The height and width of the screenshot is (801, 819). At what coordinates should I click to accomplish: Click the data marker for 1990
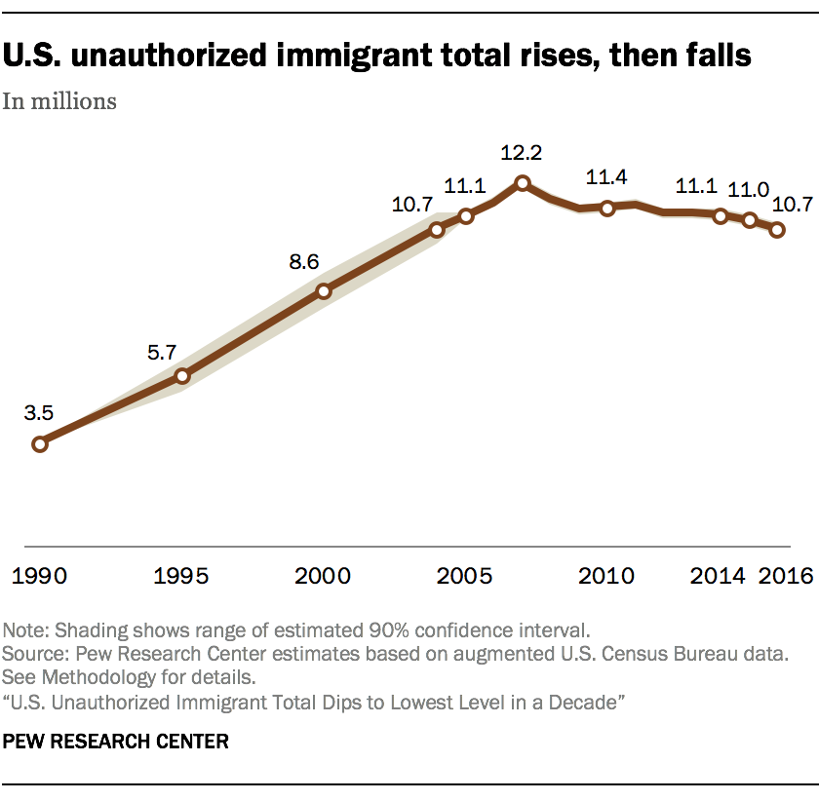[40, 444]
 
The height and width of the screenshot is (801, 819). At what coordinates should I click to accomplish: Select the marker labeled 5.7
[181, 376]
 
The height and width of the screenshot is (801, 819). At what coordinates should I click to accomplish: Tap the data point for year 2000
[324, 290]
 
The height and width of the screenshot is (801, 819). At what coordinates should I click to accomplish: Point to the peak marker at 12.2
[523, 182]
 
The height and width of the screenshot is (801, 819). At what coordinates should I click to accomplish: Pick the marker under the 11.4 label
[607, 208]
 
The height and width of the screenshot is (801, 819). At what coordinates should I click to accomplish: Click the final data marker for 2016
[778, 230]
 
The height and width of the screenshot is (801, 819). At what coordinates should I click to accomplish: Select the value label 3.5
[39, 413]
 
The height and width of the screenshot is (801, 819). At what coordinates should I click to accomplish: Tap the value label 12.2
[522, 153]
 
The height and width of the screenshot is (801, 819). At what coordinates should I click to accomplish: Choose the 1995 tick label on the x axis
[181, 576]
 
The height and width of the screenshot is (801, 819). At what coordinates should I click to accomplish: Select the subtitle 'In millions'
[60, 100]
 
